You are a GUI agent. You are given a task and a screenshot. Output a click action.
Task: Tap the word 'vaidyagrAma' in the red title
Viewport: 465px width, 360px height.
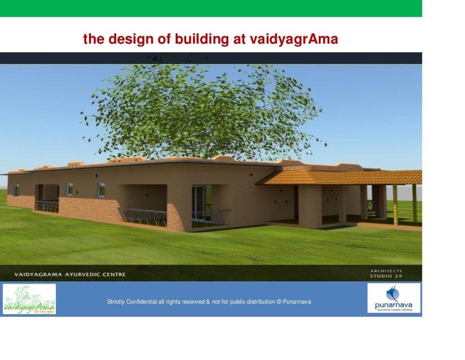(x=294, y=40)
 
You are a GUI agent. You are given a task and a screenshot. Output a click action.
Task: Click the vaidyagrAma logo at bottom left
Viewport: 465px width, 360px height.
(x=30, y=299)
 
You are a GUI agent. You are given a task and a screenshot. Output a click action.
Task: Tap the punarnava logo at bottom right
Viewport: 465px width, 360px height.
(x=394, y=298)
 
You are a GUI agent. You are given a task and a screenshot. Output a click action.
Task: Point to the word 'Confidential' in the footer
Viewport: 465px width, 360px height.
(x=142, y=302)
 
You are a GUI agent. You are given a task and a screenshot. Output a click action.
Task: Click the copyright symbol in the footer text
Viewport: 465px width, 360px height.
(x=279, y=302)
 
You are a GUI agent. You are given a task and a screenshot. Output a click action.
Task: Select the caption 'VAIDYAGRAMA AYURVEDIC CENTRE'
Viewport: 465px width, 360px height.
(x=70, y=275)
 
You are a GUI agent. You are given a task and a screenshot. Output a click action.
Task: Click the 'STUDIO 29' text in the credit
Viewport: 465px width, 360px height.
(x=386, y=276)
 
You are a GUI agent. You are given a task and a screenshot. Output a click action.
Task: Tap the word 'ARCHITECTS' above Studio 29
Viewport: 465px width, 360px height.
(x=386, y=271)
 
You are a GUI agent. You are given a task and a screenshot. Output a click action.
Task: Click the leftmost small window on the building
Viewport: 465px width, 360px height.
(x=17, y=190)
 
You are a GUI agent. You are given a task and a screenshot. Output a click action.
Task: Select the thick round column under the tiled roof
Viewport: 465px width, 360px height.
(x=310, y=205)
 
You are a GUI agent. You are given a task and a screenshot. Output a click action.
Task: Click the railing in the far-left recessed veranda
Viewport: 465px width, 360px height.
(x=47, y=206)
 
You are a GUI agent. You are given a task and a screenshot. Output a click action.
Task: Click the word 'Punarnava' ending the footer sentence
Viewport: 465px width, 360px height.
(x=297, y=302)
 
